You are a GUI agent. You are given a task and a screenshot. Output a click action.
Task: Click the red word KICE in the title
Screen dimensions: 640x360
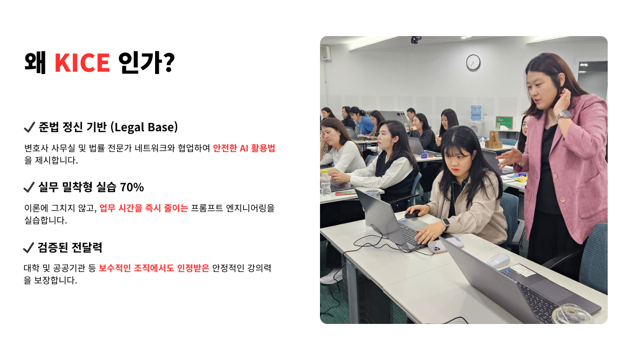pyautogui.click(x=82, y=62)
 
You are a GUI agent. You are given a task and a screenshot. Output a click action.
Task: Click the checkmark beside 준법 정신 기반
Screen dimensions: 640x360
pyautogui.click(x=29, y=127)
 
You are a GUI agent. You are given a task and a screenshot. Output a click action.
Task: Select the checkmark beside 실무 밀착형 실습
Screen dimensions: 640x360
pyautogui.click(x=29, y=187)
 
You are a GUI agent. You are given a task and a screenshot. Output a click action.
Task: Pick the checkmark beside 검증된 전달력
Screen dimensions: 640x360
pyautogui.click(x=28, y=247)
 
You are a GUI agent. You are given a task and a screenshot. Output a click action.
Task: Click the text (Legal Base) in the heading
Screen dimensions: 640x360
pyautogui.click(x=144, y=127)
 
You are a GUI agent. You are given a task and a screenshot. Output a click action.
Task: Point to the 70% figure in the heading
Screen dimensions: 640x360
pyautogui.click(x=132, y=187)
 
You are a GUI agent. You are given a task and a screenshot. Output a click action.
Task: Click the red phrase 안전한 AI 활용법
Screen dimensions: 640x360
pyautogui.click(x=244, y=148)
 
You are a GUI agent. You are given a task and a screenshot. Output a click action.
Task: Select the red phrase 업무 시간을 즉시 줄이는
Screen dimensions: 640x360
pyautogui.click(x=143, y=208)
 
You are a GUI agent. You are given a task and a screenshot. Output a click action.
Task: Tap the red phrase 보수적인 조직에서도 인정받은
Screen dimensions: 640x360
pyautogui.click(x=154, y=268)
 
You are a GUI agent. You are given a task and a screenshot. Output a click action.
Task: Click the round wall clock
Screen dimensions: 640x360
pyautogui.click(x=473, y=62)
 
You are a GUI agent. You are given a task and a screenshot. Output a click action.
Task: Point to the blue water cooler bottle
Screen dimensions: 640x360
pyautogui.click(x=476, y=113)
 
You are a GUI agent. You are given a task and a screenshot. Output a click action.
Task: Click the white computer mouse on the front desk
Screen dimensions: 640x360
pyautogui.click(x=499, y=261)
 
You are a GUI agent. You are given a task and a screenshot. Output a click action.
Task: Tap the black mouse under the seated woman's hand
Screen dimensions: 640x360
pyautogui.click(x=412, y=214)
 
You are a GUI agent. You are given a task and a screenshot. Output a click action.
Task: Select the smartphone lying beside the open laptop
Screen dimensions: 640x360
pyautogui.click(x=437, y=247)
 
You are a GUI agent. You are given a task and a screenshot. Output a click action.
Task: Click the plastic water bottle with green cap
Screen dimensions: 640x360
pyautogui.click(x=325, y=183)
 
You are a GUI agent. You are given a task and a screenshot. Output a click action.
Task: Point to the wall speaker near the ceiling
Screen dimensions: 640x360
pyautogui.click(x=325, y=53)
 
